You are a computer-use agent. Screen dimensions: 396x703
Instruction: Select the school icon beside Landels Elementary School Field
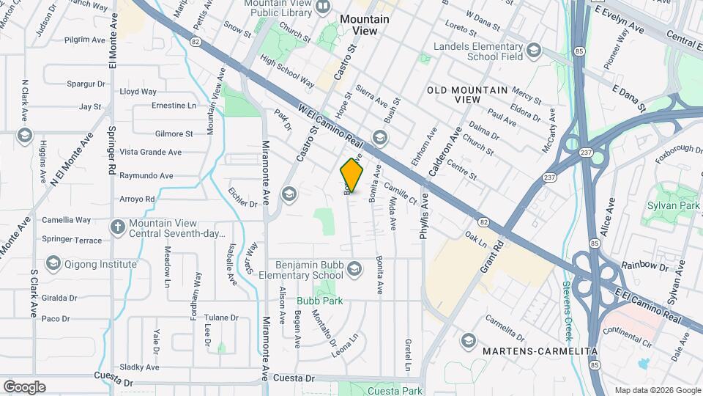tap(534, 51)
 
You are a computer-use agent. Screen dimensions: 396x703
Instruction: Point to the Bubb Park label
tap(319, 301)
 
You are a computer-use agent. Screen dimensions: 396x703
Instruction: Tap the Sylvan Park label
tap(674, 205)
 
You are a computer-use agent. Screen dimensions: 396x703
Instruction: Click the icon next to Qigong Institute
tap(53, 263)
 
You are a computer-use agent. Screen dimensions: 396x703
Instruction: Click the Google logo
tap(24, 386)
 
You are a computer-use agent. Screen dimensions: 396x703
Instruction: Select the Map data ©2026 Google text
tap(657, 390)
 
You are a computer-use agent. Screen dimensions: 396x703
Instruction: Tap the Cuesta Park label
tap(396, 391)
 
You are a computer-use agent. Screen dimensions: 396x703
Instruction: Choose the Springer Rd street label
tap(113, 156)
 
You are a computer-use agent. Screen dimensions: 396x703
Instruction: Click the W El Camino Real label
tap(332, 125)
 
